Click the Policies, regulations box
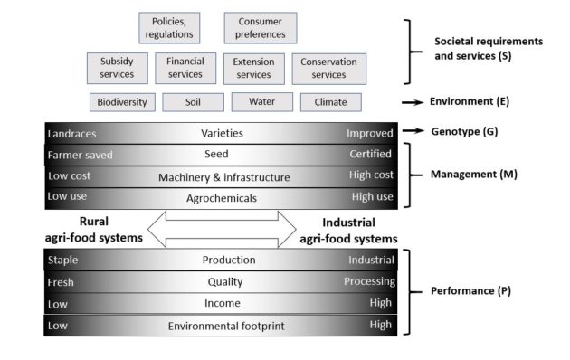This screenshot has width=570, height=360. [x=169, y=28]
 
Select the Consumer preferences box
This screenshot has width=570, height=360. [x=261, y=28]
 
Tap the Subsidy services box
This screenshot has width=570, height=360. [x=118, y=68]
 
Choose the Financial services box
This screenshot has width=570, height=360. [x=185, y=68]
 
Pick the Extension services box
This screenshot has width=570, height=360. [x=253, y=68]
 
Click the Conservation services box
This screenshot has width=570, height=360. [x=329, y=68]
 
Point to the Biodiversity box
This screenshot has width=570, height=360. [x=122, y=102]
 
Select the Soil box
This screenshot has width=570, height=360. [x=193, y=102]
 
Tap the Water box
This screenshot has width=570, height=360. [x=261, y=102]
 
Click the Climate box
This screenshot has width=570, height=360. [x=330, y=102]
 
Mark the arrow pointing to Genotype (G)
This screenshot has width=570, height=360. [x=412, y=132]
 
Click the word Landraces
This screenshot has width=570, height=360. [x=72, y=134]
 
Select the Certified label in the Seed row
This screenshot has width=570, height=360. [x=371, y=155]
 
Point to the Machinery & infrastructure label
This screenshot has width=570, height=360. [x=224, y=177]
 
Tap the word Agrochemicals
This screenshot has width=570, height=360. [x=224, y=198]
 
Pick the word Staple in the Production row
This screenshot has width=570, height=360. [x=63, y=261]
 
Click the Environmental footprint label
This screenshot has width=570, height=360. [x=224, y=326]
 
